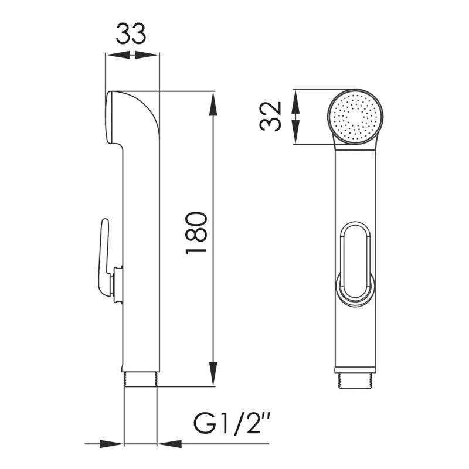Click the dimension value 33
click(x=131, y=34)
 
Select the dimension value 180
click(x=196, y=233)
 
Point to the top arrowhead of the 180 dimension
click(x=213, y=103)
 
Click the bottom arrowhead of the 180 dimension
click(x=213, y=375)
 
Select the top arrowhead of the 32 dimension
click(x=296, y=99)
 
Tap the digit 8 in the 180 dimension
click(x=196, y=233)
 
